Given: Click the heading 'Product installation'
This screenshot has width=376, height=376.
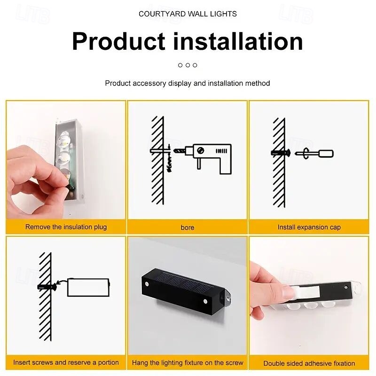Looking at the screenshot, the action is (x=188, y=41).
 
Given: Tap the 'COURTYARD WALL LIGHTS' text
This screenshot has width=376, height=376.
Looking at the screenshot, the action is (x=188, y=14).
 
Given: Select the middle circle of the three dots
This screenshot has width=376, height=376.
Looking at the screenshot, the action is (x=188, y=65).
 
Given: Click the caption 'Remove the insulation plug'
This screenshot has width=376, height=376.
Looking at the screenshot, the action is (x=66, y=227).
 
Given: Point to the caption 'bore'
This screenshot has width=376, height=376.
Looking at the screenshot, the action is (x=188, y=227).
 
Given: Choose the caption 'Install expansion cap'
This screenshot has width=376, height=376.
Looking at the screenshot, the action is (x=309, y=227).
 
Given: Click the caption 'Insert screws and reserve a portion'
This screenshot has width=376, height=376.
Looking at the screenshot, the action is (x=66, y=362).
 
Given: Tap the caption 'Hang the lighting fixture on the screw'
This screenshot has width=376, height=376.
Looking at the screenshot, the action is (x=188, y=362).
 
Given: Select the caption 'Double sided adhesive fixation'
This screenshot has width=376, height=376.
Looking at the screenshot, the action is (x=309, y=363).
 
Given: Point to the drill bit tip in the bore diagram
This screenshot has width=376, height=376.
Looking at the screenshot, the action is (x=174, y=151).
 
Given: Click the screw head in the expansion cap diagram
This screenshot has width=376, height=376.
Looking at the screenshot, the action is (x=288, y=152).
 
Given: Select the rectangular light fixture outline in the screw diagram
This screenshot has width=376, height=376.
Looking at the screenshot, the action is (x=88, y=287).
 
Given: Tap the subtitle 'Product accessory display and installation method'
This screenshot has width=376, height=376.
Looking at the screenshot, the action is (x=188, y=83).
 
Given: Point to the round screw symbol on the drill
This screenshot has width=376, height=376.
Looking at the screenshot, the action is (x=201, y=150).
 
